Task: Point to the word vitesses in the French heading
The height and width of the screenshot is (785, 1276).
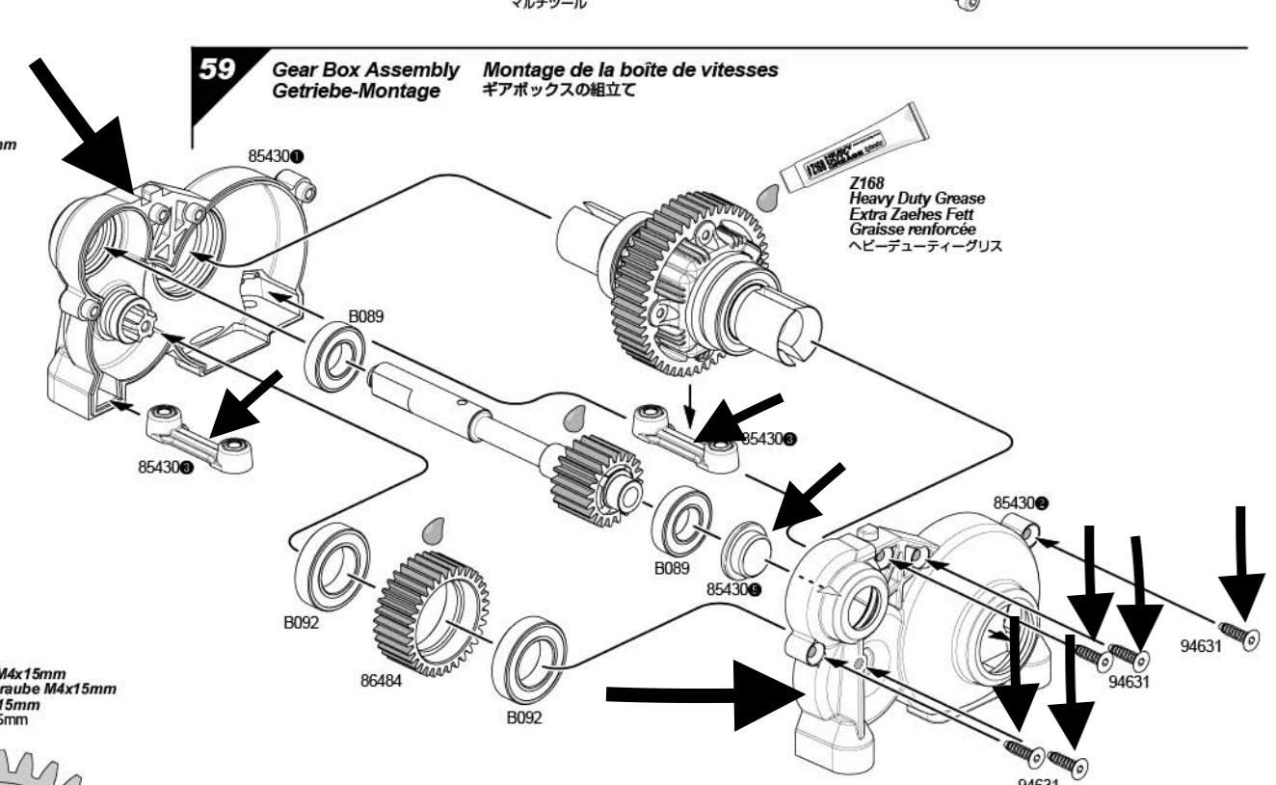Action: pyautogui.click(x=735, y=71)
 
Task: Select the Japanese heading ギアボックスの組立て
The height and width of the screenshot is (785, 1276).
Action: pyautogui.click(x=558, y=91)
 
